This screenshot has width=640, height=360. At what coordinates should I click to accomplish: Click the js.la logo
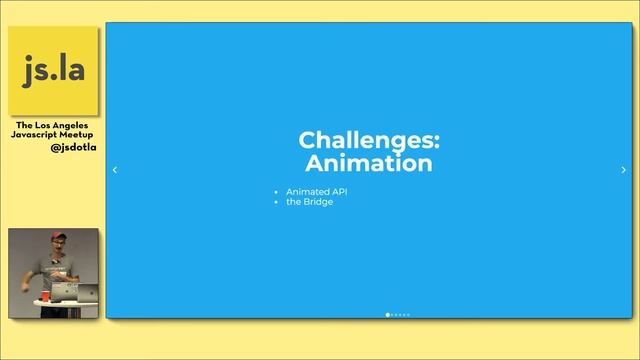(x=54, y=70)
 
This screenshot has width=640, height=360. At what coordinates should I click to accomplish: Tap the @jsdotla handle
(x=73, y=147)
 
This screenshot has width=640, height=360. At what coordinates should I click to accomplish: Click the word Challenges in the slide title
(x=369, y=140)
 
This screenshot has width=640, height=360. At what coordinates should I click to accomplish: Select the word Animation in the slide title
(x=369, y=162)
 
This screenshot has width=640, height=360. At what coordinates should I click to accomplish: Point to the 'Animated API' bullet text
(x=316, y=191)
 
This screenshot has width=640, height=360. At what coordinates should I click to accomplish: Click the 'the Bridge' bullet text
(x=309, y=202)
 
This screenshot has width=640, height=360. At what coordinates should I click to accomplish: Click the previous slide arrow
(x=114, y=170)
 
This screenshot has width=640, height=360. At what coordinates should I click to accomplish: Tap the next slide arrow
(x=624, y=170)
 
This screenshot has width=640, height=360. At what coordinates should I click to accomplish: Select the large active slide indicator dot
(x=388, y=315)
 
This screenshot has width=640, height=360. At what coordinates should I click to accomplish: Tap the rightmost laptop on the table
(x=88, y=292)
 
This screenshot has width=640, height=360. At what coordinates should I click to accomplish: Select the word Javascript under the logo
(x=38, y=135)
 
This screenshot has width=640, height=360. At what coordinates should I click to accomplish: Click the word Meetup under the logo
(x=80, y=135)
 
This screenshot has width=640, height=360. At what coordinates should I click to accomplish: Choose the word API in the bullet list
(x=338, y=191)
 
